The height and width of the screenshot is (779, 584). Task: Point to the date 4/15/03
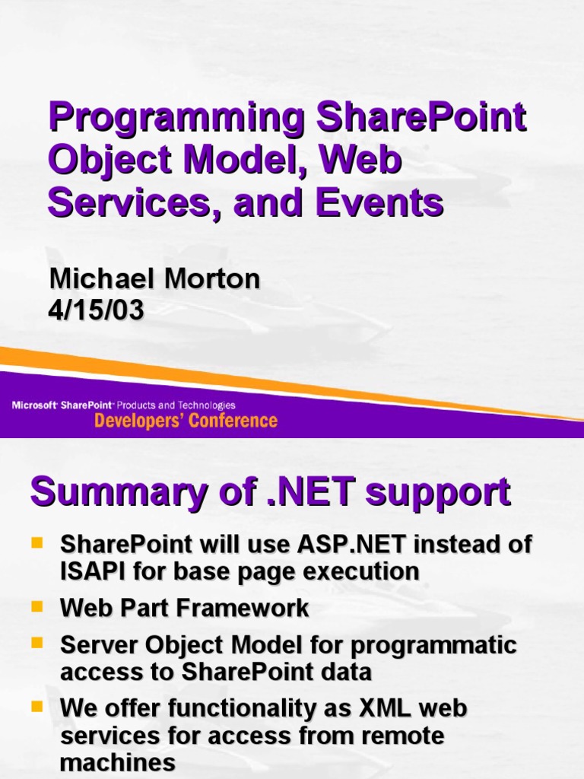pyautogui.click(x=97, y=310)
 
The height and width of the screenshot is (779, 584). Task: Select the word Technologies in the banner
pyautogui.click(x=206, y=405)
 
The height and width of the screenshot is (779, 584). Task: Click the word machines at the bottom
pyautogui.click(x=118, y=763)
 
